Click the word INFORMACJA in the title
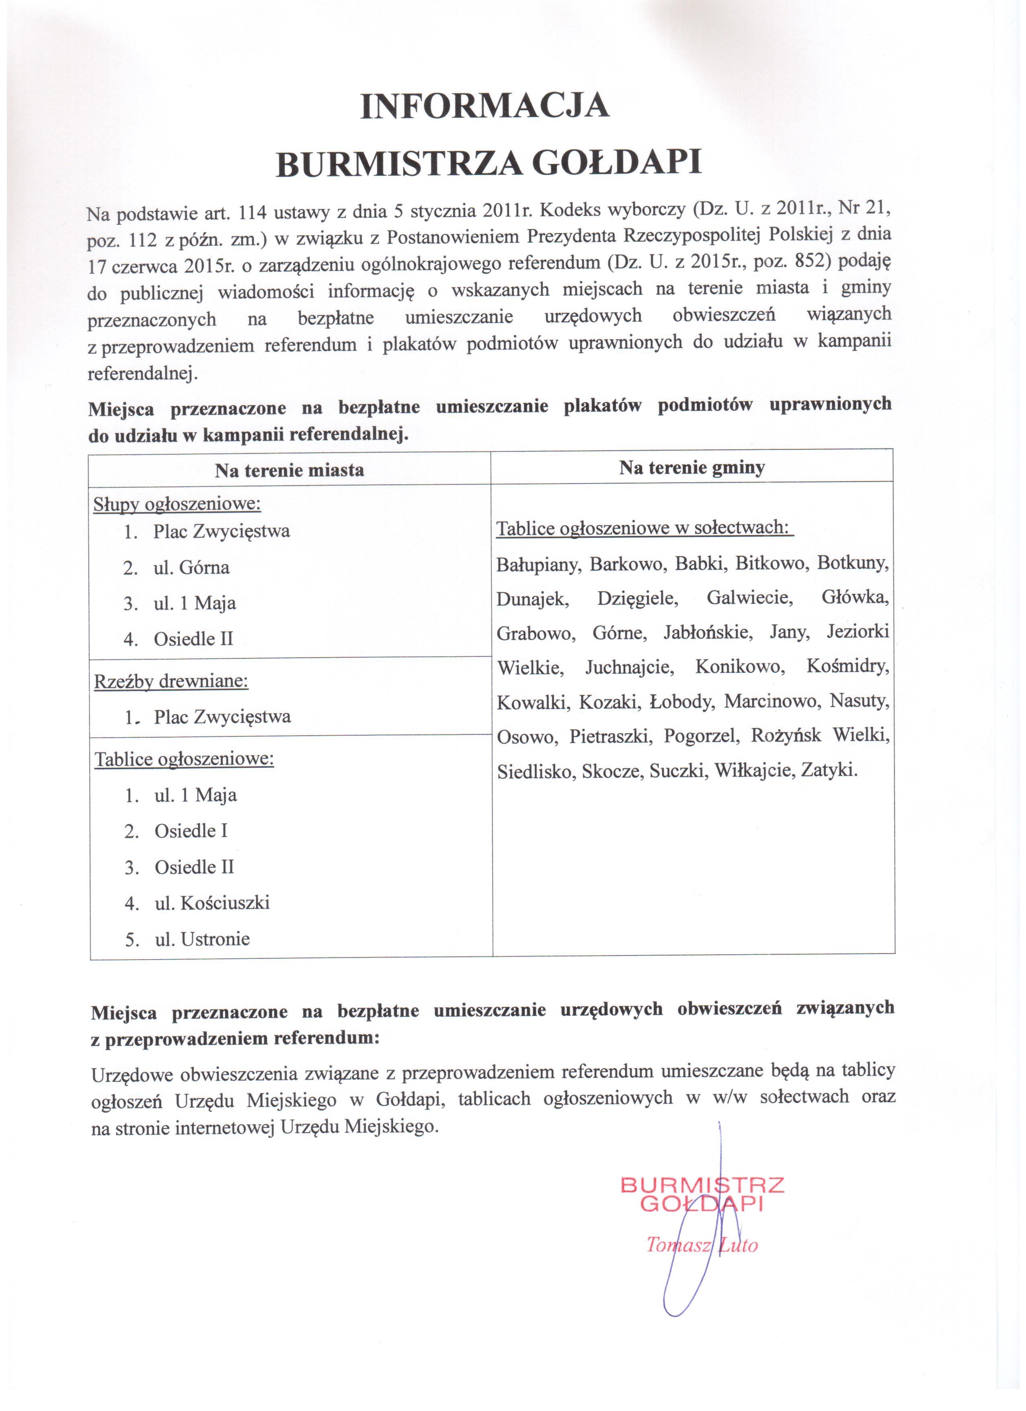485,106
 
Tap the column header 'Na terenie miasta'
289,470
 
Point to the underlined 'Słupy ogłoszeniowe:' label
177,504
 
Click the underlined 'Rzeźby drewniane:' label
171,681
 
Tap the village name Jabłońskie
708,633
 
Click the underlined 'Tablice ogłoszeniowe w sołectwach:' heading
644,529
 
